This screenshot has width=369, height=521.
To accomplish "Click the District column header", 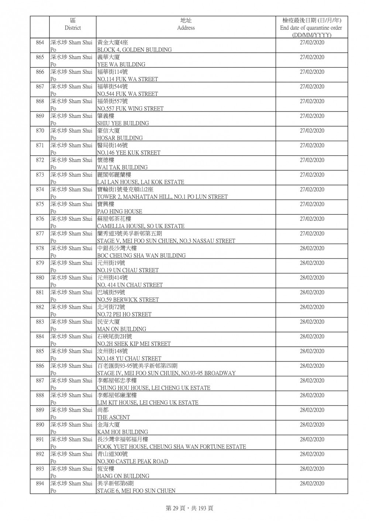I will tap(72, 24).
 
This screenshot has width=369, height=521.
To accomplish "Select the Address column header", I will tap(186, 24).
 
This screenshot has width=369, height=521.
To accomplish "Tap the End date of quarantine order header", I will tap(311, 28).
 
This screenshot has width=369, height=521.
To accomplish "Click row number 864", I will tap(40, 43).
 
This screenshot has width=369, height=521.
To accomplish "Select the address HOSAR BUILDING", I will tap(120, 138).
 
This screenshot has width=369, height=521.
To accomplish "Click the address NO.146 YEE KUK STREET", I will tap(128, 153).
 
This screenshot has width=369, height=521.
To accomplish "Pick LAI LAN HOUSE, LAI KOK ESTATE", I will tap(140, 182).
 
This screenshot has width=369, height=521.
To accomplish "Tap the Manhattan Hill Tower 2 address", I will tap(162, 197).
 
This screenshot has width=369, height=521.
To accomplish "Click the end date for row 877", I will tap(312, 234).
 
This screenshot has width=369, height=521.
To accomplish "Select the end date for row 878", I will tap(312, 248).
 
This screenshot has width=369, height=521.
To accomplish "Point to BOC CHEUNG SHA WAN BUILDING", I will tap(141, 255).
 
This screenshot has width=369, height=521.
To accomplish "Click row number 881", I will tap(40, 293).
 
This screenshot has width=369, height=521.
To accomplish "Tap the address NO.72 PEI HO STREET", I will tap(124, 314).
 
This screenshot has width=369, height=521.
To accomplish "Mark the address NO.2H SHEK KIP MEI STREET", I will tap(134, 344).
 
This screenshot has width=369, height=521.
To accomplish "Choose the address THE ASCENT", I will tap(113, 417).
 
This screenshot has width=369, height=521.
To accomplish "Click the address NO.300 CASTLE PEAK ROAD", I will tap(132, 461).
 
